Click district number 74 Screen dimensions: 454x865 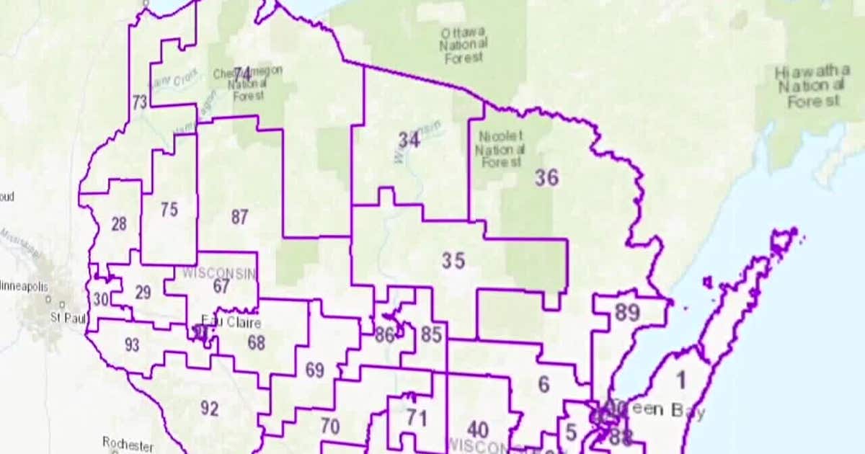242,74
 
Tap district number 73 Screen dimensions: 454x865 139,102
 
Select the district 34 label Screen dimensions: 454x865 409,140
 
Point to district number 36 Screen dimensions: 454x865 546,178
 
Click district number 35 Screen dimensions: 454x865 453,260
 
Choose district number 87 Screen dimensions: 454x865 240,216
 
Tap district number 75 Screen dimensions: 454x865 169,210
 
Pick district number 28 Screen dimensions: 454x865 119,224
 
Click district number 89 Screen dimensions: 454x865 628,313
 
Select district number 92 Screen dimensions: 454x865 209,409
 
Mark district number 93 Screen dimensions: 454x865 132,345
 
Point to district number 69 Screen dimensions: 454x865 314,370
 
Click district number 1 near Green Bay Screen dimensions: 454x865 681,379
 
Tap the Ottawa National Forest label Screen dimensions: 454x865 463,45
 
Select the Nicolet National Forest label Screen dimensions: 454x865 500,149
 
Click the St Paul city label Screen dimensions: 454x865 68,317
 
